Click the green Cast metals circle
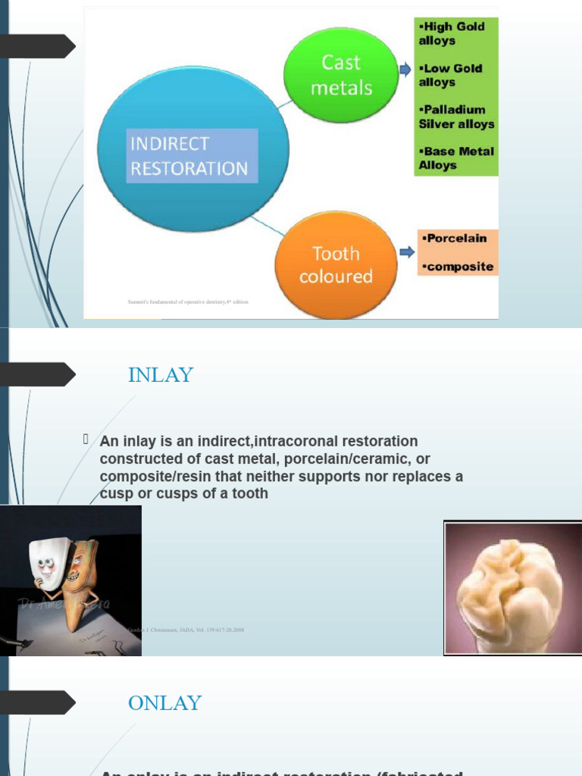tap(341, 74)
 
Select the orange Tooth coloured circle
tap(336, 264)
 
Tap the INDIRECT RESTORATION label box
tap(192, 155)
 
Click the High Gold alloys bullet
tap(452, 33)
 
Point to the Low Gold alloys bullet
tap(450, 75)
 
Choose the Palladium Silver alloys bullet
tap(456, 117)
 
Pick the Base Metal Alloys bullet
tap(455, 158)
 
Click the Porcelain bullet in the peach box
tap(455, 238)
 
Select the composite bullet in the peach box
tap(457, 267)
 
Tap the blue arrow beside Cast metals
tap(405, 70)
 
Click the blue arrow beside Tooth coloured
tap(406, 252)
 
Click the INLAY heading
tap(161, 374)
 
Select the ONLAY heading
tap(164, 703)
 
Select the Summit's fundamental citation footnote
tap(188, 302)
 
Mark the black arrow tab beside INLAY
tap(38, 374)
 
